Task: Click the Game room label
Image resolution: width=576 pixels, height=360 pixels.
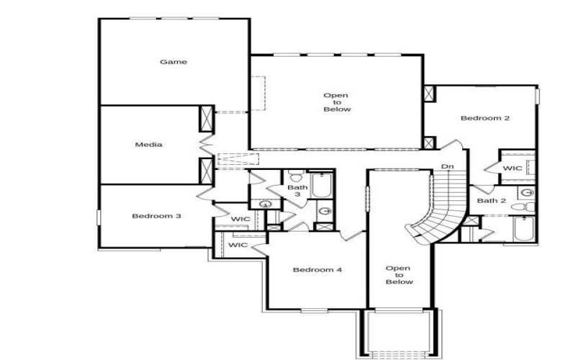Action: point(173,62)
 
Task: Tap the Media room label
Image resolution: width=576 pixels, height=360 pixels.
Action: point(148,145)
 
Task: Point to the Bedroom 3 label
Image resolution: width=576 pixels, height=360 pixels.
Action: point(156,216)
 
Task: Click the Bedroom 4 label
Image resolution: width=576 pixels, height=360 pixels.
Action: point(317,270)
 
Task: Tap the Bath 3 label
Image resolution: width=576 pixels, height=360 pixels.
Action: point(297,192)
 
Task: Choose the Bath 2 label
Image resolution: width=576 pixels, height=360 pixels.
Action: point(492,201)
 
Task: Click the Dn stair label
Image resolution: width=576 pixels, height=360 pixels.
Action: point(447,167)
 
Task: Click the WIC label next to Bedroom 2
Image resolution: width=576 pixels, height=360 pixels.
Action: point(512,168)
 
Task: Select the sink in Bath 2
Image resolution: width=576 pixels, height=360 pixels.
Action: point(526,193)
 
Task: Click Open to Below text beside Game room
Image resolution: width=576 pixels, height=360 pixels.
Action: point(336,102)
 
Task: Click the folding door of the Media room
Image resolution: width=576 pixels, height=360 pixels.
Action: point(206,144)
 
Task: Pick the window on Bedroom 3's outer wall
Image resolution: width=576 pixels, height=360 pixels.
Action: point(99,217)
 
